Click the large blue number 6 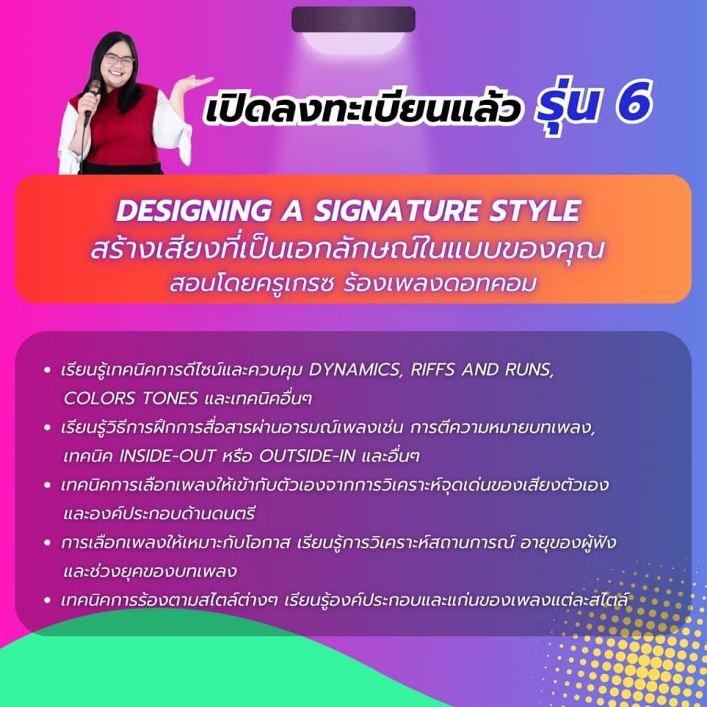tap(634, 102)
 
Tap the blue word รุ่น tap(566, 105)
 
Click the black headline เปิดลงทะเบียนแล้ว tap(362, 109)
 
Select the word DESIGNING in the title tap(194, 211)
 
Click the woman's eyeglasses tap(119, 60)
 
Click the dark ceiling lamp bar tap(353, 19)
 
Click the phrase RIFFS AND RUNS tap(481, 370)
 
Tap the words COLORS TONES tap(130, 398)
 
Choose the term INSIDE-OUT tap(167, 456)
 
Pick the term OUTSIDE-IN tap(307, 456)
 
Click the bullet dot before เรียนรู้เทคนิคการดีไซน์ tap(47, 371)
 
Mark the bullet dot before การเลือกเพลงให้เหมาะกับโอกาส tap(47, 543)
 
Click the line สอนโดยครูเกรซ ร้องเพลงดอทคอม tap(353, 284)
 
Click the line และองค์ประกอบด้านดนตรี tap(159, 514)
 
